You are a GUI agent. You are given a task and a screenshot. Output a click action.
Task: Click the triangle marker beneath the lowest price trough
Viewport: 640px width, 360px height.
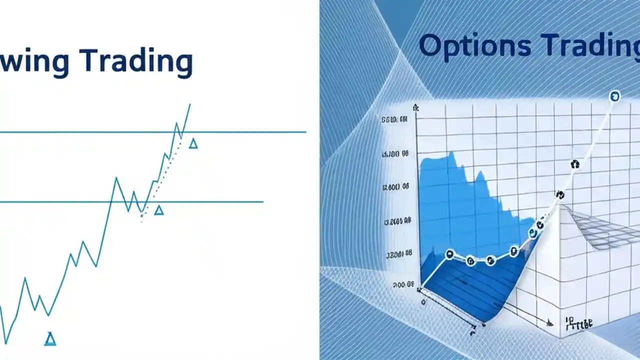point(49,339)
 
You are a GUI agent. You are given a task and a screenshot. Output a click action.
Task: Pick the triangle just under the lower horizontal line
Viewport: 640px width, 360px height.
point(158,210)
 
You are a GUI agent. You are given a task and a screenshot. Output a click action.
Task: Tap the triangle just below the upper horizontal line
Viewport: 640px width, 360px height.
point(193,144)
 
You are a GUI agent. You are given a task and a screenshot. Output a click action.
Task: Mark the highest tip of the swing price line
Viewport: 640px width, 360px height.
point(190,104)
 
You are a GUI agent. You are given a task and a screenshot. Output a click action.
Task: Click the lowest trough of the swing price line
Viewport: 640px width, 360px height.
point(5,342)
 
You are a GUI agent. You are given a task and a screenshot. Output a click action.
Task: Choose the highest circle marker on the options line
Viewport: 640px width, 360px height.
point(614,96)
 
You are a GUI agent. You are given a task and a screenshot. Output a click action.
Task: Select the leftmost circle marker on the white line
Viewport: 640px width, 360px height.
point(449,255)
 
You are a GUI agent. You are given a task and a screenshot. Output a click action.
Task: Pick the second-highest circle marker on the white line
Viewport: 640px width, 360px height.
point(574,163)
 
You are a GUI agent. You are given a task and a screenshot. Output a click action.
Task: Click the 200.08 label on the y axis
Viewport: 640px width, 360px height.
point(403,285)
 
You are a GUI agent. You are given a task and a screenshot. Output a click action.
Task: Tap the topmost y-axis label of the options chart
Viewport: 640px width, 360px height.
point(394,120)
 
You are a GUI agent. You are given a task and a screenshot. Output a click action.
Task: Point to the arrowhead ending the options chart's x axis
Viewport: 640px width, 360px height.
point(550,323)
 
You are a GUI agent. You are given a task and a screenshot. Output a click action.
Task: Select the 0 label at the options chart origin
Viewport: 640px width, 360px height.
point(423,302)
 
